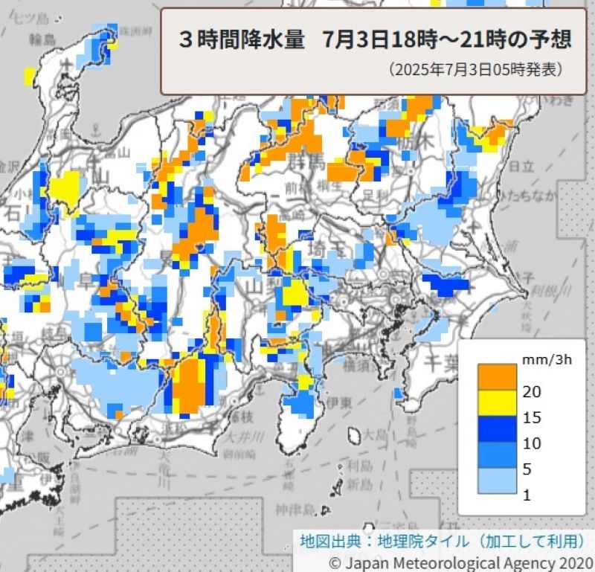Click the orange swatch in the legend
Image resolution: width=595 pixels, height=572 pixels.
[497, 375]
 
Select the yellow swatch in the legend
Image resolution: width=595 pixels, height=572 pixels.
[497, 402]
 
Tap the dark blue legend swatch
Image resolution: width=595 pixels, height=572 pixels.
[497, 428]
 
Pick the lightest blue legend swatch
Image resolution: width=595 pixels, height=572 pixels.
[497, 481]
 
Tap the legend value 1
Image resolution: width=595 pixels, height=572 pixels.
[527, 495]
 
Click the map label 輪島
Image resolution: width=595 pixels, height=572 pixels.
[43, 39]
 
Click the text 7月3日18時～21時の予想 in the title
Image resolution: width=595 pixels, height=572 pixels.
[447, 40]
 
